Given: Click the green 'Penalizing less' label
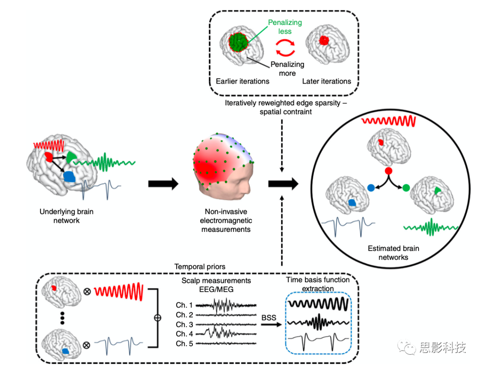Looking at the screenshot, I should coord(285,27).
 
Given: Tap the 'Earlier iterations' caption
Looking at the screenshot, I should coord(242,81).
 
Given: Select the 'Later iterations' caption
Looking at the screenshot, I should coord(327,81).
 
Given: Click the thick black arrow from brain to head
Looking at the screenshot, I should coord(163,183).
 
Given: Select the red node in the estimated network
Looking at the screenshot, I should coord(388,171).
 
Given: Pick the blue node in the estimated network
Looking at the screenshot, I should coord(370,188).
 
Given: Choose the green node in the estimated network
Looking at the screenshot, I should coord(406,188).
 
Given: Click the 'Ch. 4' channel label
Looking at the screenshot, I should coord(184,334).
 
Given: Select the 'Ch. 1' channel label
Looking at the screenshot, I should coord(184,306).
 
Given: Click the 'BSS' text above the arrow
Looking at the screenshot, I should coord(269,317).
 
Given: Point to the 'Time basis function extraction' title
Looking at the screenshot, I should coord(317,284).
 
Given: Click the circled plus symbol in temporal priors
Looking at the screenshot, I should coord(157,318).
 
